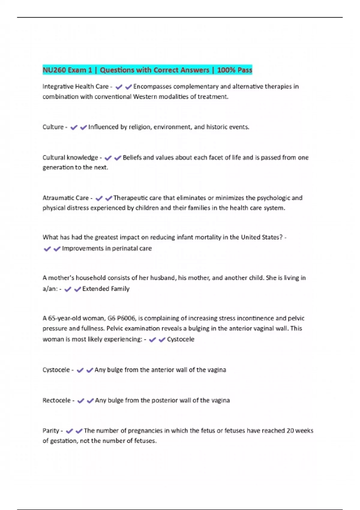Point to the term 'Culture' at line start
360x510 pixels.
tap(53, 127)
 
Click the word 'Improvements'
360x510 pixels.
tap(78, 248)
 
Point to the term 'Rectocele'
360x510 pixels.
tap(56, 400)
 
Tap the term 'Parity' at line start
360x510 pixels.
tap(51, 431)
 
